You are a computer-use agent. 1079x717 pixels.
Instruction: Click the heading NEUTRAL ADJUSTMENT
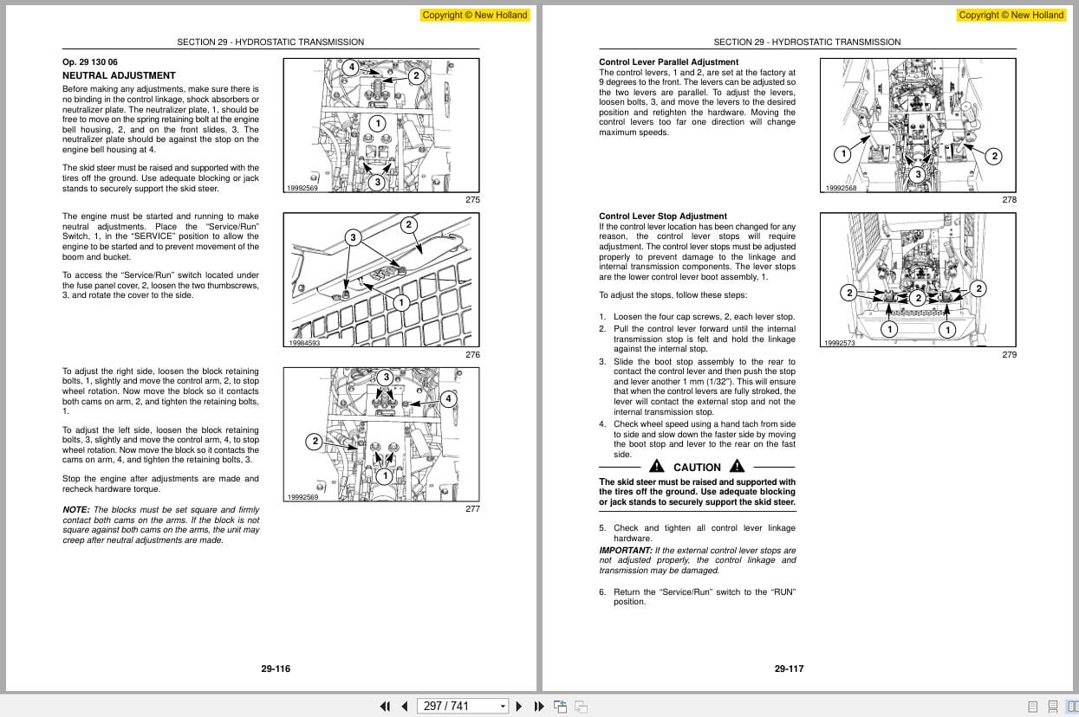(119, 75)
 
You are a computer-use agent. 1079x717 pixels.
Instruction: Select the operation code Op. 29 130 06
(89, 62)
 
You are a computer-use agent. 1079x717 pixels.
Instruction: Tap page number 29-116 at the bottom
(276, 669)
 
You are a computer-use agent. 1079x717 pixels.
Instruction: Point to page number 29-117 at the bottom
(789, 669)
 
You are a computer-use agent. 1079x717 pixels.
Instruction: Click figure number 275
(472, 200)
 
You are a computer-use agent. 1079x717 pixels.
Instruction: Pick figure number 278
(1009, 200)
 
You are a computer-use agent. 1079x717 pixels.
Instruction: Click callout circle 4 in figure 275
(351, 67)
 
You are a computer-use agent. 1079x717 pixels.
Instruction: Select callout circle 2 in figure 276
(409, 225)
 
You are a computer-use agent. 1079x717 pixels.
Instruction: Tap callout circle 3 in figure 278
(918, 174)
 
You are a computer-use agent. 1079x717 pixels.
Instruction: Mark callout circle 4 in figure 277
(448, 399)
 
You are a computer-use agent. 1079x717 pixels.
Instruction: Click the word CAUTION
(697, 468)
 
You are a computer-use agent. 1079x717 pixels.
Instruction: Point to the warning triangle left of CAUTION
(658, 467)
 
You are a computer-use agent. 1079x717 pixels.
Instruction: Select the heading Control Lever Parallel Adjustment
(668, 62)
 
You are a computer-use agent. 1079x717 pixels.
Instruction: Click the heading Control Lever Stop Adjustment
(663, 216)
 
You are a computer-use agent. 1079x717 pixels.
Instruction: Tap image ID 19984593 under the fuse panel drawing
(304, 343)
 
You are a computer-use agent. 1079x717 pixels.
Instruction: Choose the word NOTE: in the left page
(76, 510)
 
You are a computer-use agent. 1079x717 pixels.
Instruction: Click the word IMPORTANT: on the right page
(625, 551)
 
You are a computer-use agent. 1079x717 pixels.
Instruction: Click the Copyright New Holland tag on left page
(474, 15)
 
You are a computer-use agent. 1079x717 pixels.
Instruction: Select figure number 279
(1009, 355)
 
